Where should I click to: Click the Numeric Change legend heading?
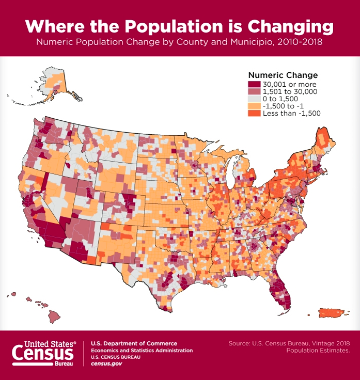click(283, 75)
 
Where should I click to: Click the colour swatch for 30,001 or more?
click(254, 84)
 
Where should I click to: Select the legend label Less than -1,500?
click(292, 113)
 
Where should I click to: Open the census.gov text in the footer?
click(106, 364)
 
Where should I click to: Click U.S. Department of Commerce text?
click(134, 343)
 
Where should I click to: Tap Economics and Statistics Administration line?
click(142, 351)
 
